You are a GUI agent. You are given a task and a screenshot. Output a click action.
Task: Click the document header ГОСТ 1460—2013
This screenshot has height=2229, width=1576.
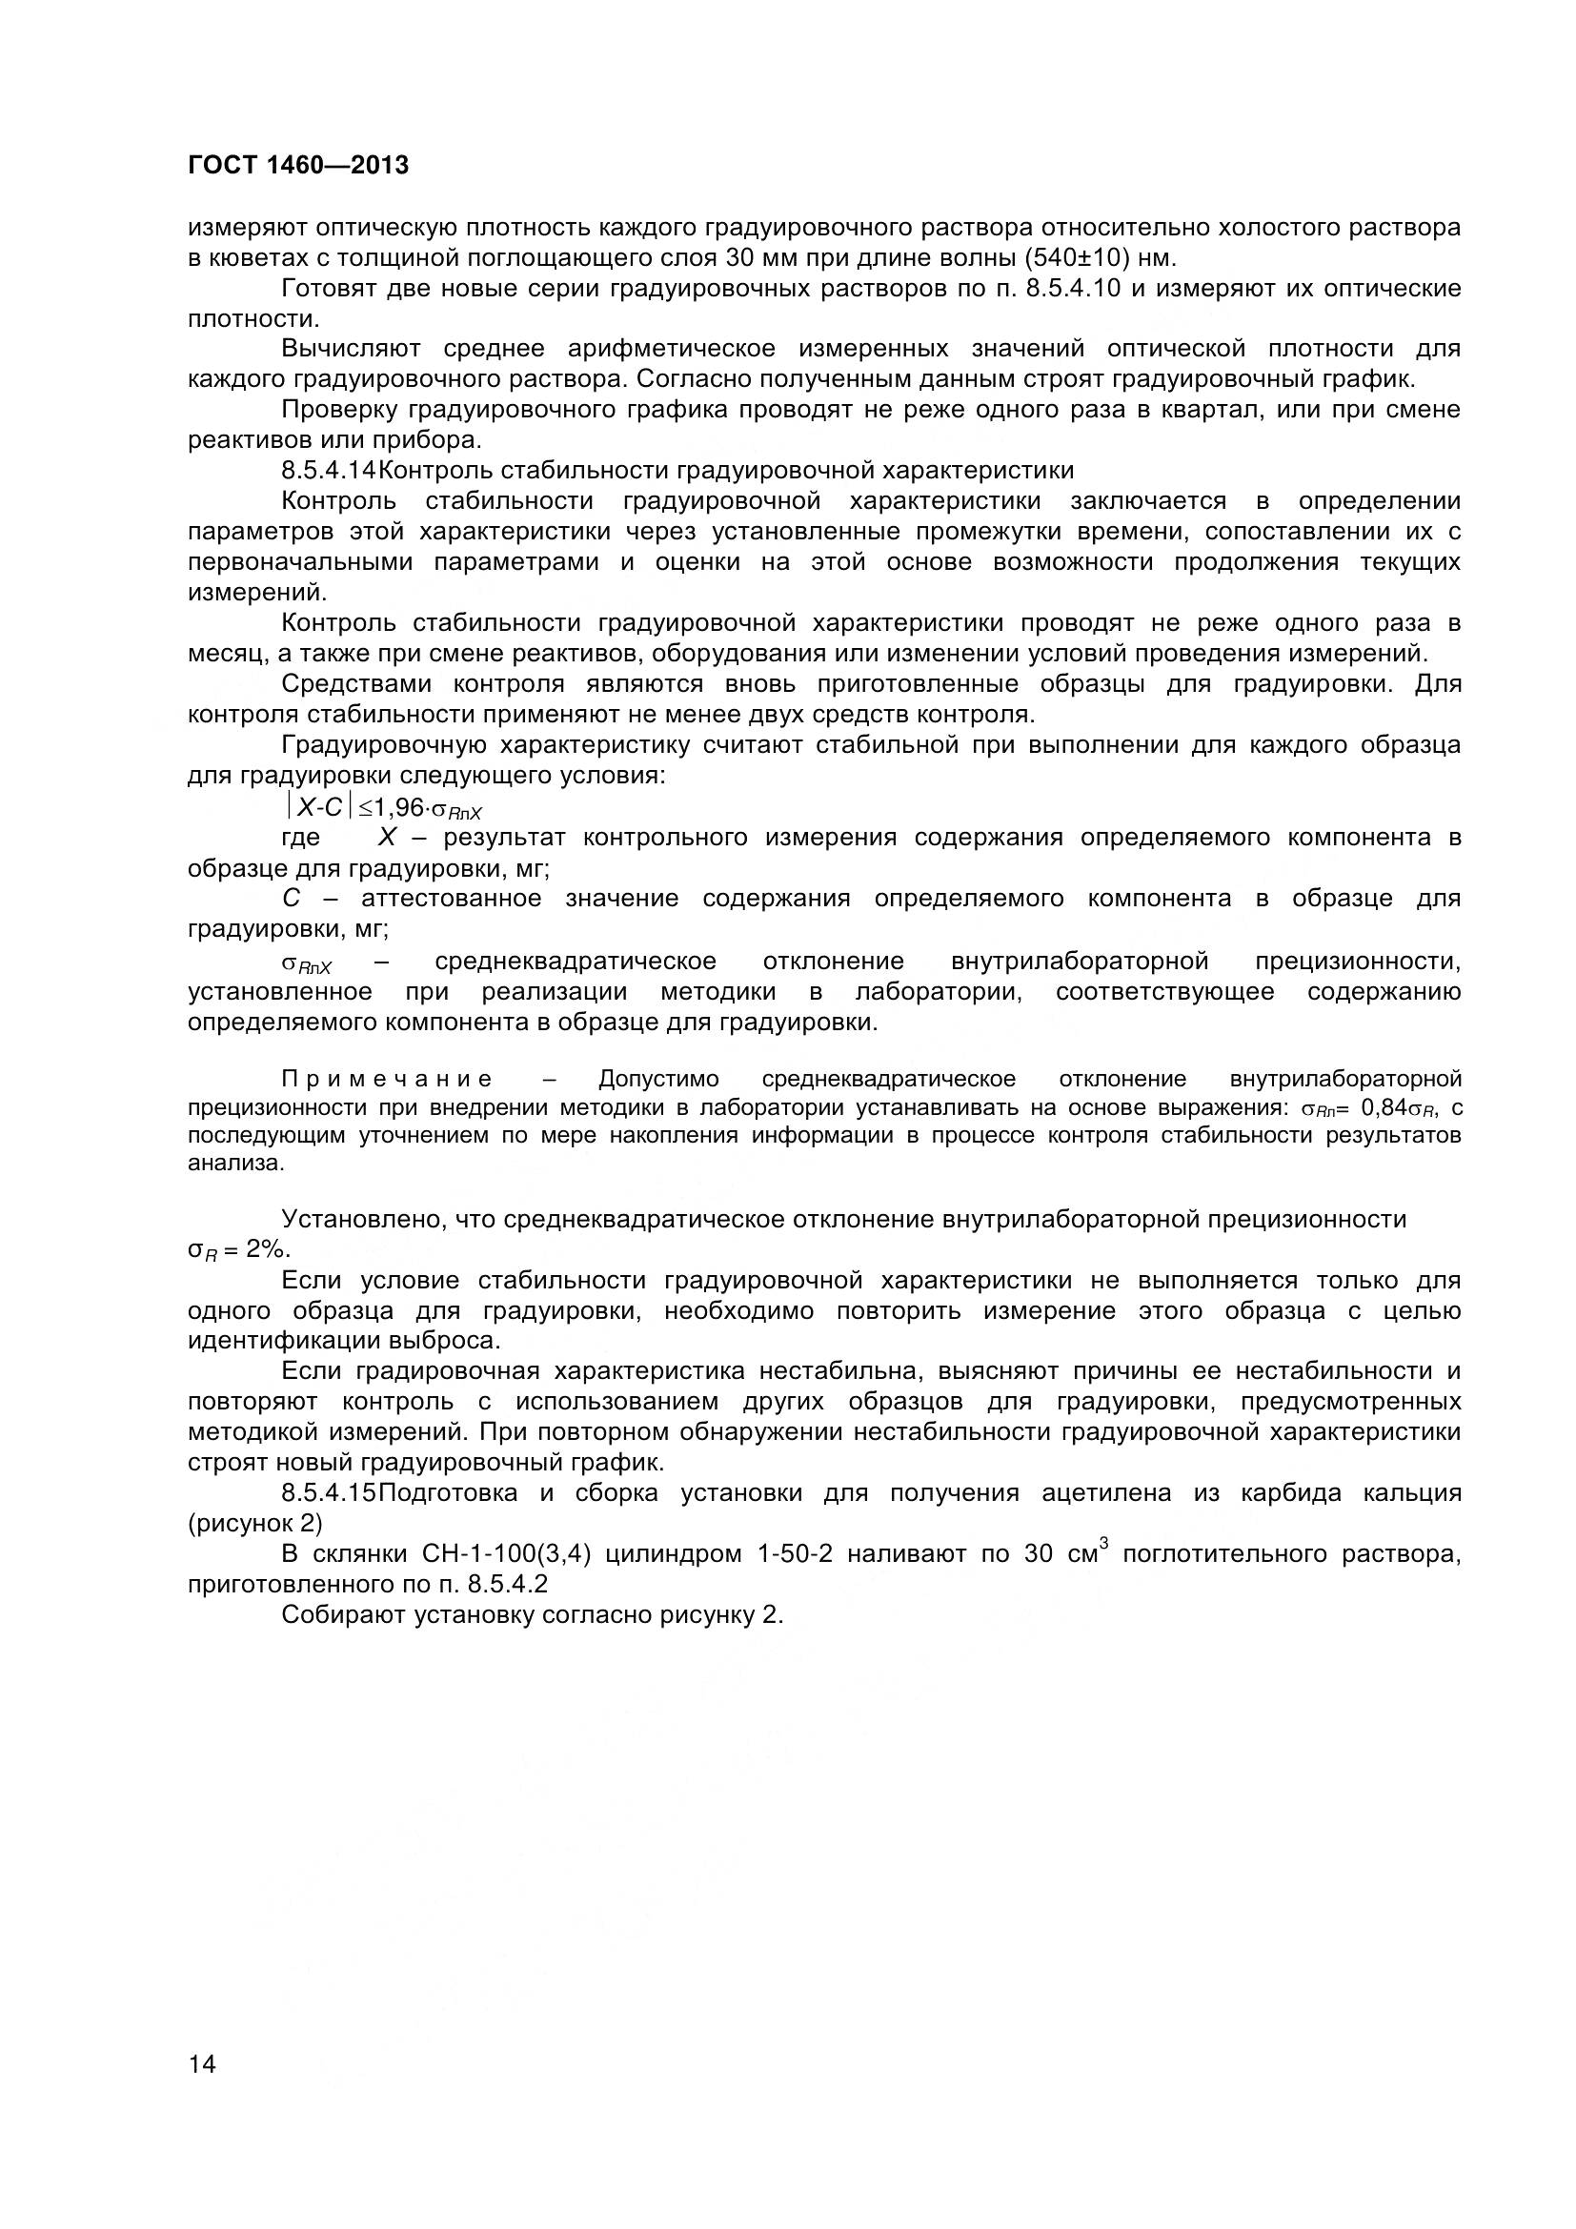click(298, 166)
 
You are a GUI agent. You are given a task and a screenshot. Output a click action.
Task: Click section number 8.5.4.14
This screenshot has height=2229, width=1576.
click(328, 471)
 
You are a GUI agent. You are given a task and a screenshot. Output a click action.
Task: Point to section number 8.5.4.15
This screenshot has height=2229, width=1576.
click(328, 1493)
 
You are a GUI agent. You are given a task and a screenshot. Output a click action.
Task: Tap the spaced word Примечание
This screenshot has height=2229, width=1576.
click(386, 1080)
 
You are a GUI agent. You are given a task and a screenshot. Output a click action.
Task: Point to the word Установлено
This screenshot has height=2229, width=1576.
click(360, 1220)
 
